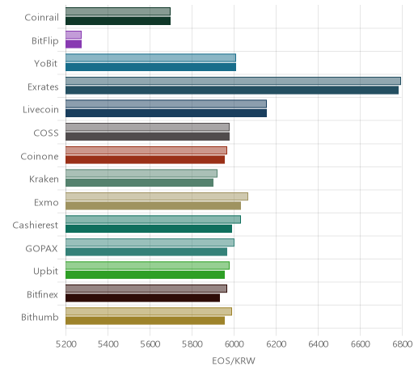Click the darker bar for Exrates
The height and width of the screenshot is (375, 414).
(x=232, y=91)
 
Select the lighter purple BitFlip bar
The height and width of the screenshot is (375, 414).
(x=74, y=35)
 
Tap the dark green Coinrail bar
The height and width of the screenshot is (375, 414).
(x=118, y=21)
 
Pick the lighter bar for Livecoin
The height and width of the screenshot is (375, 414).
(x=166, y=104)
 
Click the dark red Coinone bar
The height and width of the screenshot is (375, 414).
(x=145, y=160)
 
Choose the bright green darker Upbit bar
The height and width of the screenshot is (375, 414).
(x=145, y=275)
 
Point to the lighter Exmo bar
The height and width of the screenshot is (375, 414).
(x=157, y=196)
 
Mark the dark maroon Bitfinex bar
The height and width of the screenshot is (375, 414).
(x=142, y=298)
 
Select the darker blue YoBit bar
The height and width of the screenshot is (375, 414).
(x=150, y=67)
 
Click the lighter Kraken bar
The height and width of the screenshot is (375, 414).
(x=142, y=174)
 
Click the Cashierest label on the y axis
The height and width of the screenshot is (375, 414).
(x=36, y=225)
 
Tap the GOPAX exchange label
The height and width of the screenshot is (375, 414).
(x=41, y=248)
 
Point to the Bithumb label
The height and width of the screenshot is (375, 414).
(x=40, y=317)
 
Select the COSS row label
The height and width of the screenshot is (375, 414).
(x=46, y=133)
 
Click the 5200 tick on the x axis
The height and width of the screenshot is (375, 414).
(x=65, y=344)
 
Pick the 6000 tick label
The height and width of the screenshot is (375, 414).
(x=234, y=344)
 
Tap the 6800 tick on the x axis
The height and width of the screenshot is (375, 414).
(x=402, y=344)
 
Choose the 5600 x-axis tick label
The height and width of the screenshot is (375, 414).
(x=150, y=344)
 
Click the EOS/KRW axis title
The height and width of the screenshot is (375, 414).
(x=234, y=360)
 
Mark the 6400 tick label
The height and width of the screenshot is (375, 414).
(x=318, y=344)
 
